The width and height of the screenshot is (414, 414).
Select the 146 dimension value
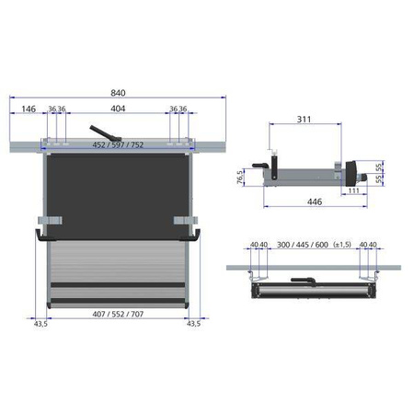coord(29,109)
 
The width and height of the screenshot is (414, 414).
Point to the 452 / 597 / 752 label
coord(118,144)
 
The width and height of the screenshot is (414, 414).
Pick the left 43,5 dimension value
coord(40,324)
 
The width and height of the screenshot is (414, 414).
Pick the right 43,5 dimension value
coord(193,324)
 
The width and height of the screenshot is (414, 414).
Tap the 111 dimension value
coord(354,190)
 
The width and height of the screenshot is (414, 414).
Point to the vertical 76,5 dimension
coord(240,176)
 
